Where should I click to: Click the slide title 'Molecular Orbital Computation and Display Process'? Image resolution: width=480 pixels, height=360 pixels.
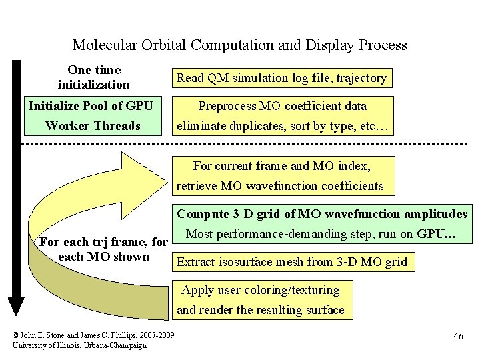click(x=239, y=45)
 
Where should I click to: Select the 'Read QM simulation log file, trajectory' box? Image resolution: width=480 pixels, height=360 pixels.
click(x=281, y=78)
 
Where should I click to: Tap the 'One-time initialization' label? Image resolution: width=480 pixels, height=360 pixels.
click(x=93, y=77)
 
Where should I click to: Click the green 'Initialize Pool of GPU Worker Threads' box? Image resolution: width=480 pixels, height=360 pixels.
click(x=93, y=116)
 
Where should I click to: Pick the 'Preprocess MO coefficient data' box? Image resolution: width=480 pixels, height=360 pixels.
click(x=283, y=115)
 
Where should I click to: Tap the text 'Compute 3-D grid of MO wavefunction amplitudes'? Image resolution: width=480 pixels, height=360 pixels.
click(x=321, y=214)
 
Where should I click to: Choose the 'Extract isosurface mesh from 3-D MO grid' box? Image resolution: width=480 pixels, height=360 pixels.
click(x=291, y=262)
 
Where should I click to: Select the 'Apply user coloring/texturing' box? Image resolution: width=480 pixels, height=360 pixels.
click(x=261, y=299)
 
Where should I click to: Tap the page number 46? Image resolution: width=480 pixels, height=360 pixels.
click(x=458, y=336)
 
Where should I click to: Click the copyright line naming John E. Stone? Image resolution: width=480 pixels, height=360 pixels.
click(x=93, y=335)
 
